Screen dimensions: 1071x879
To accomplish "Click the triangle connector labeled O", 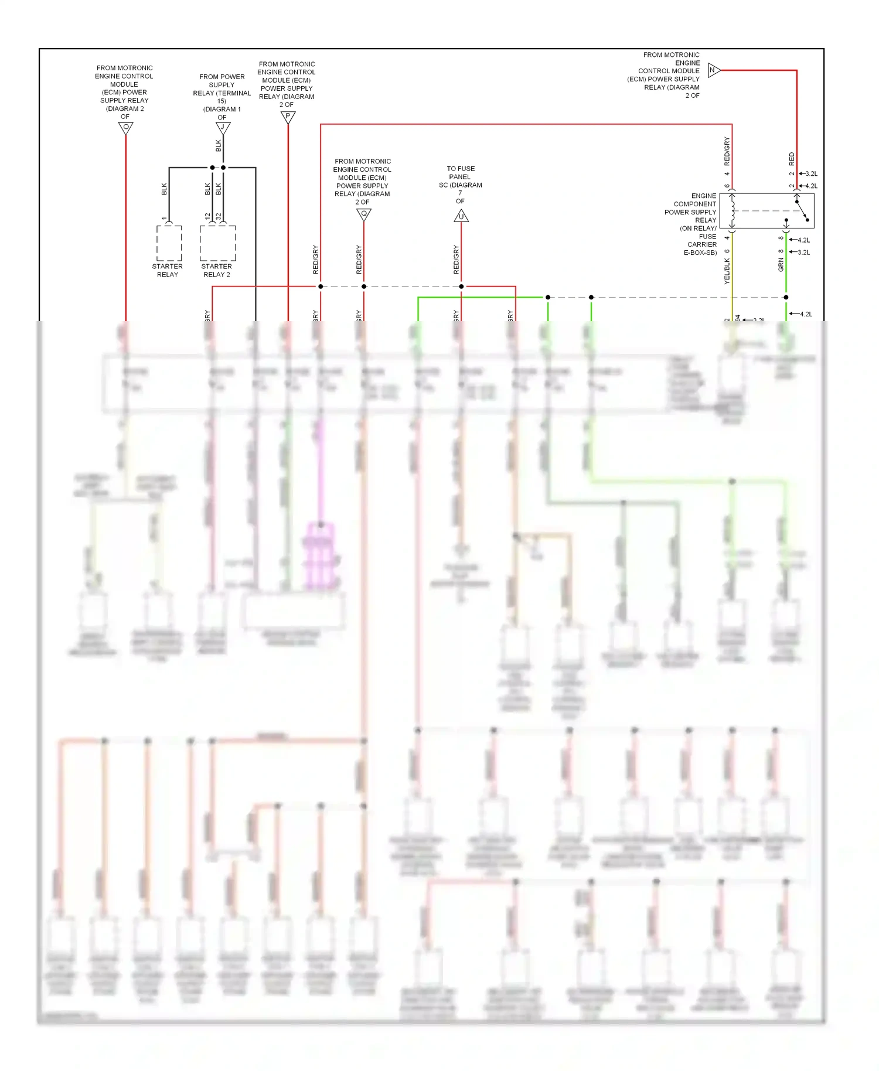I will (x=125, y=128).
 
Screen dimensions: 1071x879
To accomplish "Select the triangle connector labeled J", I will (x=223, y=127).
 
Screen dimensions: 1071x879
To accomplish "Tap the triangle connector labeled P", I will (x=288, y=117).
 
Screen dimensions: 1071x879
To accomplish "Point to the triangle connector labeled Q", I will (x=364, y=214).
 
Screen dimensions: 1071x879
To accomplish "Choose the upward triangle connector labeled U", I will (x=461, y=216).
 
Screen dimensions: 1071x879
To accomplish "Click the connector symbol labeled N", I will (x=713, y=70).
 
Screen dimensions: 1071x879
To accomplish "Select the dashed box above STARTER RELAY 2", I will (x=217, y=243).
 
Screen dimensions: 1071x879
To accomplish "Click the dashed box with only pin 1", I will (x=169, y=243).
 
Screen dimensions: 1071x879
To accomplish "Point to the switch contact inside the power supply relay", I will (x=802, y=211).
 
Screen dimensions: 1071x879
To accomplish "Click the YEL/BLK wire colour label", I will (x=727, y=271).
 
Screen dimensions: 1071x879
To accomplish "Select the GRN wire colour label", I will (x=781, y=265).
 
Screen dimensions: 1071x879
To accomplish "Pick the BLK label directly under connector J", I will (x=219, y=145).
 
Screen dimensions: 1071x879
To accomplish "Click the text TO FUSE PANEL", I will (x=461, y=173).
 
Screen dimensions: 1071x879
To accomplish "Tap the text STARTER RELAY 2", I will (x=217, y=271).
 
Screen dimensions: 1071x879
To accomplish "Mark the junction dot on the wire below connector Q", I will (x=364, y=286).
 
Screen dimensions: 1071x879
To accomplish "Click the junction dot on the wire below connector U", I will (x=461, y=286).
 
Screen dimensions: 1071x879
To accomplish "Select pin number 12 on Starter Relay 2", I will (x=207, y=216).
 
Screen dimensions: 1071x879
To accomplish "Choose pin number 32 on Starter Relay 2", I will (x=219, y=216).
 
